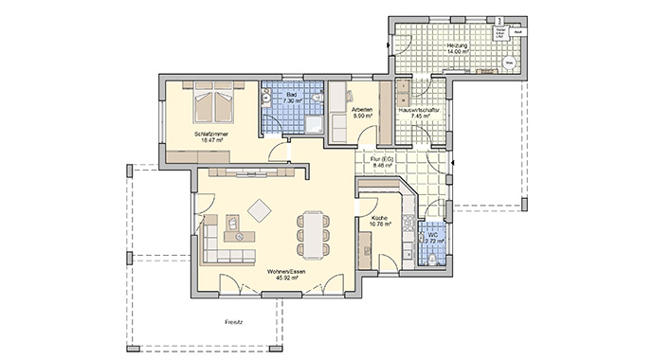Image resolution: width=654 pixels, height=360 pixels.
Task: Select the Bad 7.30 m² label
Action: coord(292,98)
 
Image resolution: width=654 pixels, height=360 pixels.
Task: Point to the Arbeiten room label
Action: coord(361,113)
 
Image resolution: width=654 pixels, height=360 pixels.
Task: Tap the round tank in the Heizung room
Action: coord(509,63)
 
